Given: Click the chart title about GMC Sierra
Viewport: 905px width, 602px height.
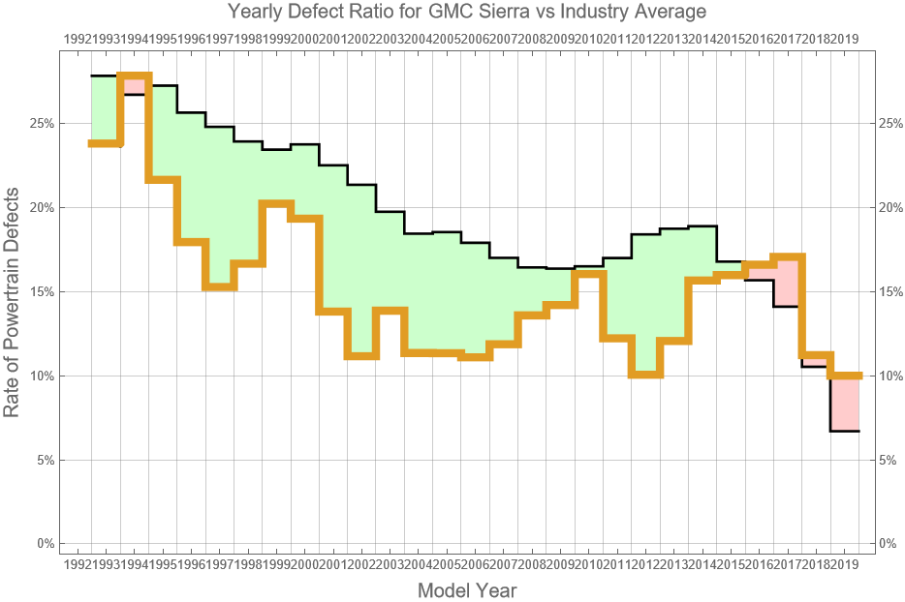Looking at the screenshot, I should tap(466, 13).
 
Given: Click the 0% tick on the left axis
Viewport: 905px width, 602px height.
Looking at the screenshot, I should tap(43, 544).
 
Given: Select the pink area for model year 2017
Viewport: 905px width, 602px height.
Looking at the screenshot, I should tap(788, 282).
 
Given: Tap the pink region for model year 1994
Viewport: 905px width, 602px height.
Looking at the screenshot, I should tap(135, 86).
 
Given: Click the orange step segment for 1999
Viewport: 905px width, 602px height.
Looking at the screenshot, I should tap(276, 203).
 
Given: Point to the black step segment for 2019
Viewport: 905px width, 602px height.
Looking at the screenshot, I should tap(845, 431).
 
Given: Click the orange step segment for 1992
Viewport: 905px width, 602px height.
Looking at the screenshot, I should tap(105, 143).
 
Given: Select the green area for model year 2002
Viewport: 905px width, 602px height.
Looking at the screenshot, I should tap(361, 271).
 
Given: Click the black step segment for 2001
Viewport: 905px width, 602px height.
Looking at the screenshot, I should tap(333, 166).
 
